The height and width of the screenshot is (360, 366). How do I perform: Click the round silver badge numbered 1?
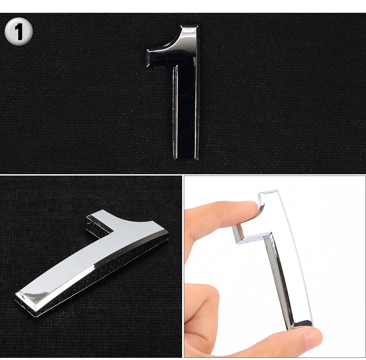click(18, 31)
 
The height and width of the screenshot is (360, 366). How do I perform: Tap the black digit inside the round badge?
click(19, 32)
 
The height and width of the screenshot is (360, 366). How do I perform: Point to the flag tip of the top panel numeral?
click(148, 58)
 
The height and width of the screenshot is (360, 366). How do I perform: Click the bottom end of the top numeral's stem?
click(186, 159)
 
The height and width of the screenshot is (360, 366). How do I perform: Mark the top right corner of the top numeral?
click(198, 25)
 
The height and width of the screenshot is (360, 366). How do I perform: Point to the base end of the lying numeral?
click(26, 304)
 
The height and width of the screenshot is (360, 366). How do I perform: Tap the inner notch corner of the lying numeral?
click(114, 231)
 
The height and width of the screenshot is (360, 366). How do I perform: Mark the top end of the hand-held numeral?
click(269, 192)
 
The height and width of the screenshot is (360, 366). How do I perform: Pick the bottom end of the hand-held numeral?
click(301, 326)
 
